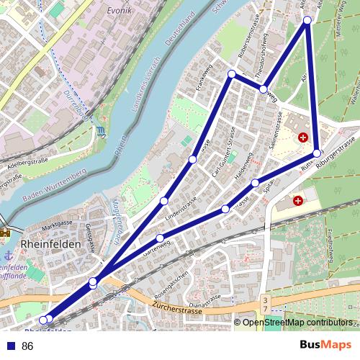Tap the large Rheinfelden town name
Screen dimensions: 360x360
(53, 243)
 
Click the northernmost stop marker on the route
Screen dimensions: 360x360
(307, 20)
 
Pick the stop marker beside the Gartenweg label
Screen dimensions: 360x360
(160, 238)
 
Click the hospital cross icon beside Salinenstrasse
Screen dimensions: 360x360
(303, 137)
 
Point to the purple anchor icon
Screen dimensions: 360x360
(7, 256)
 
